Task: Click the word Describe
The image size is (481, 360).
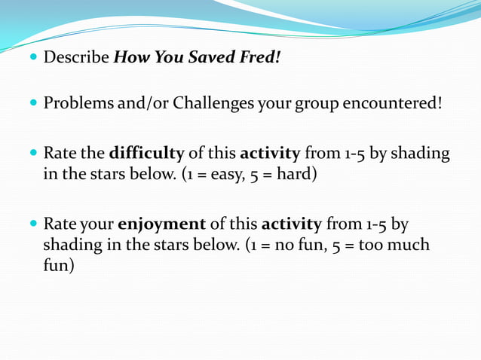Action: click(x=75, y=57)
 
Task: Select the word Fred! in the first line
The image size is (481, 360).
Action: click(x=261, y=57)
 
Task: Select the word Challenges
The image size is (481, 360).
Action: click(x=214, y=102)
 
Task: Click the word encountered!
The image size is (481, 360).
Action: click(x=392, y=102)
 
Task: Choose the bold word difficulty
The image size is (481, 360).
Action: click(x=146, y=154)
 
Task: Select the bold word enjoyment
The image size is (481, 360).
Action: click(x=161, y=224)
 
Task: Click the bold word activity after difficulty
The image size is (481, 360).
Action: click(x=270, y=154)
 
